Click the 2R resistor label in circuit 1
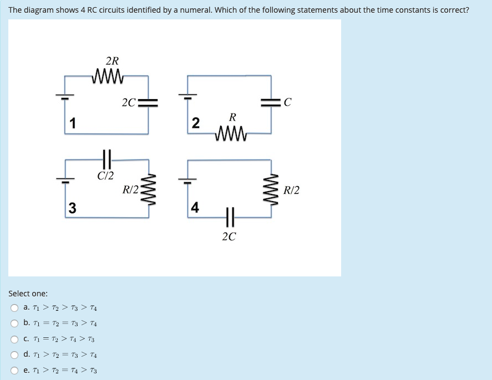click(112, 61)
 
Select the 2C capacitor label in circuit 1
click(128, 102)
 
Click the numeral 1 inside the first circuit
click(72, 123)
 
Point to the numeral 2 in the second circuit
click(195, 123)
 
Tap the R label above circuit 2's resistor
click(232, 117)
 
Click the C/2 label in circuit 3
click(105, 176)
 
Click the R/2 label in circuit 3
click(131, 191)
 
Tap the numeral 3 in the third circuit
click(72, 208)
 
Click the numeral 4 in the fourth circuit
click(194, 208)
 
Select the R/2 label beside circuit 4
click(291, 191)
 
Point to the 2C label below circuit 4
click(229, 237)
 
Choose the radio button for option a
click(14, 308)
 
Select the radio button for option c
click(14, 340)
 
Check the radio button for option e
click(14, 371)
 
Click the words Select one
click(28, 294)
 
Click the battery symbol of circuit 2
click(187, 95)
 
